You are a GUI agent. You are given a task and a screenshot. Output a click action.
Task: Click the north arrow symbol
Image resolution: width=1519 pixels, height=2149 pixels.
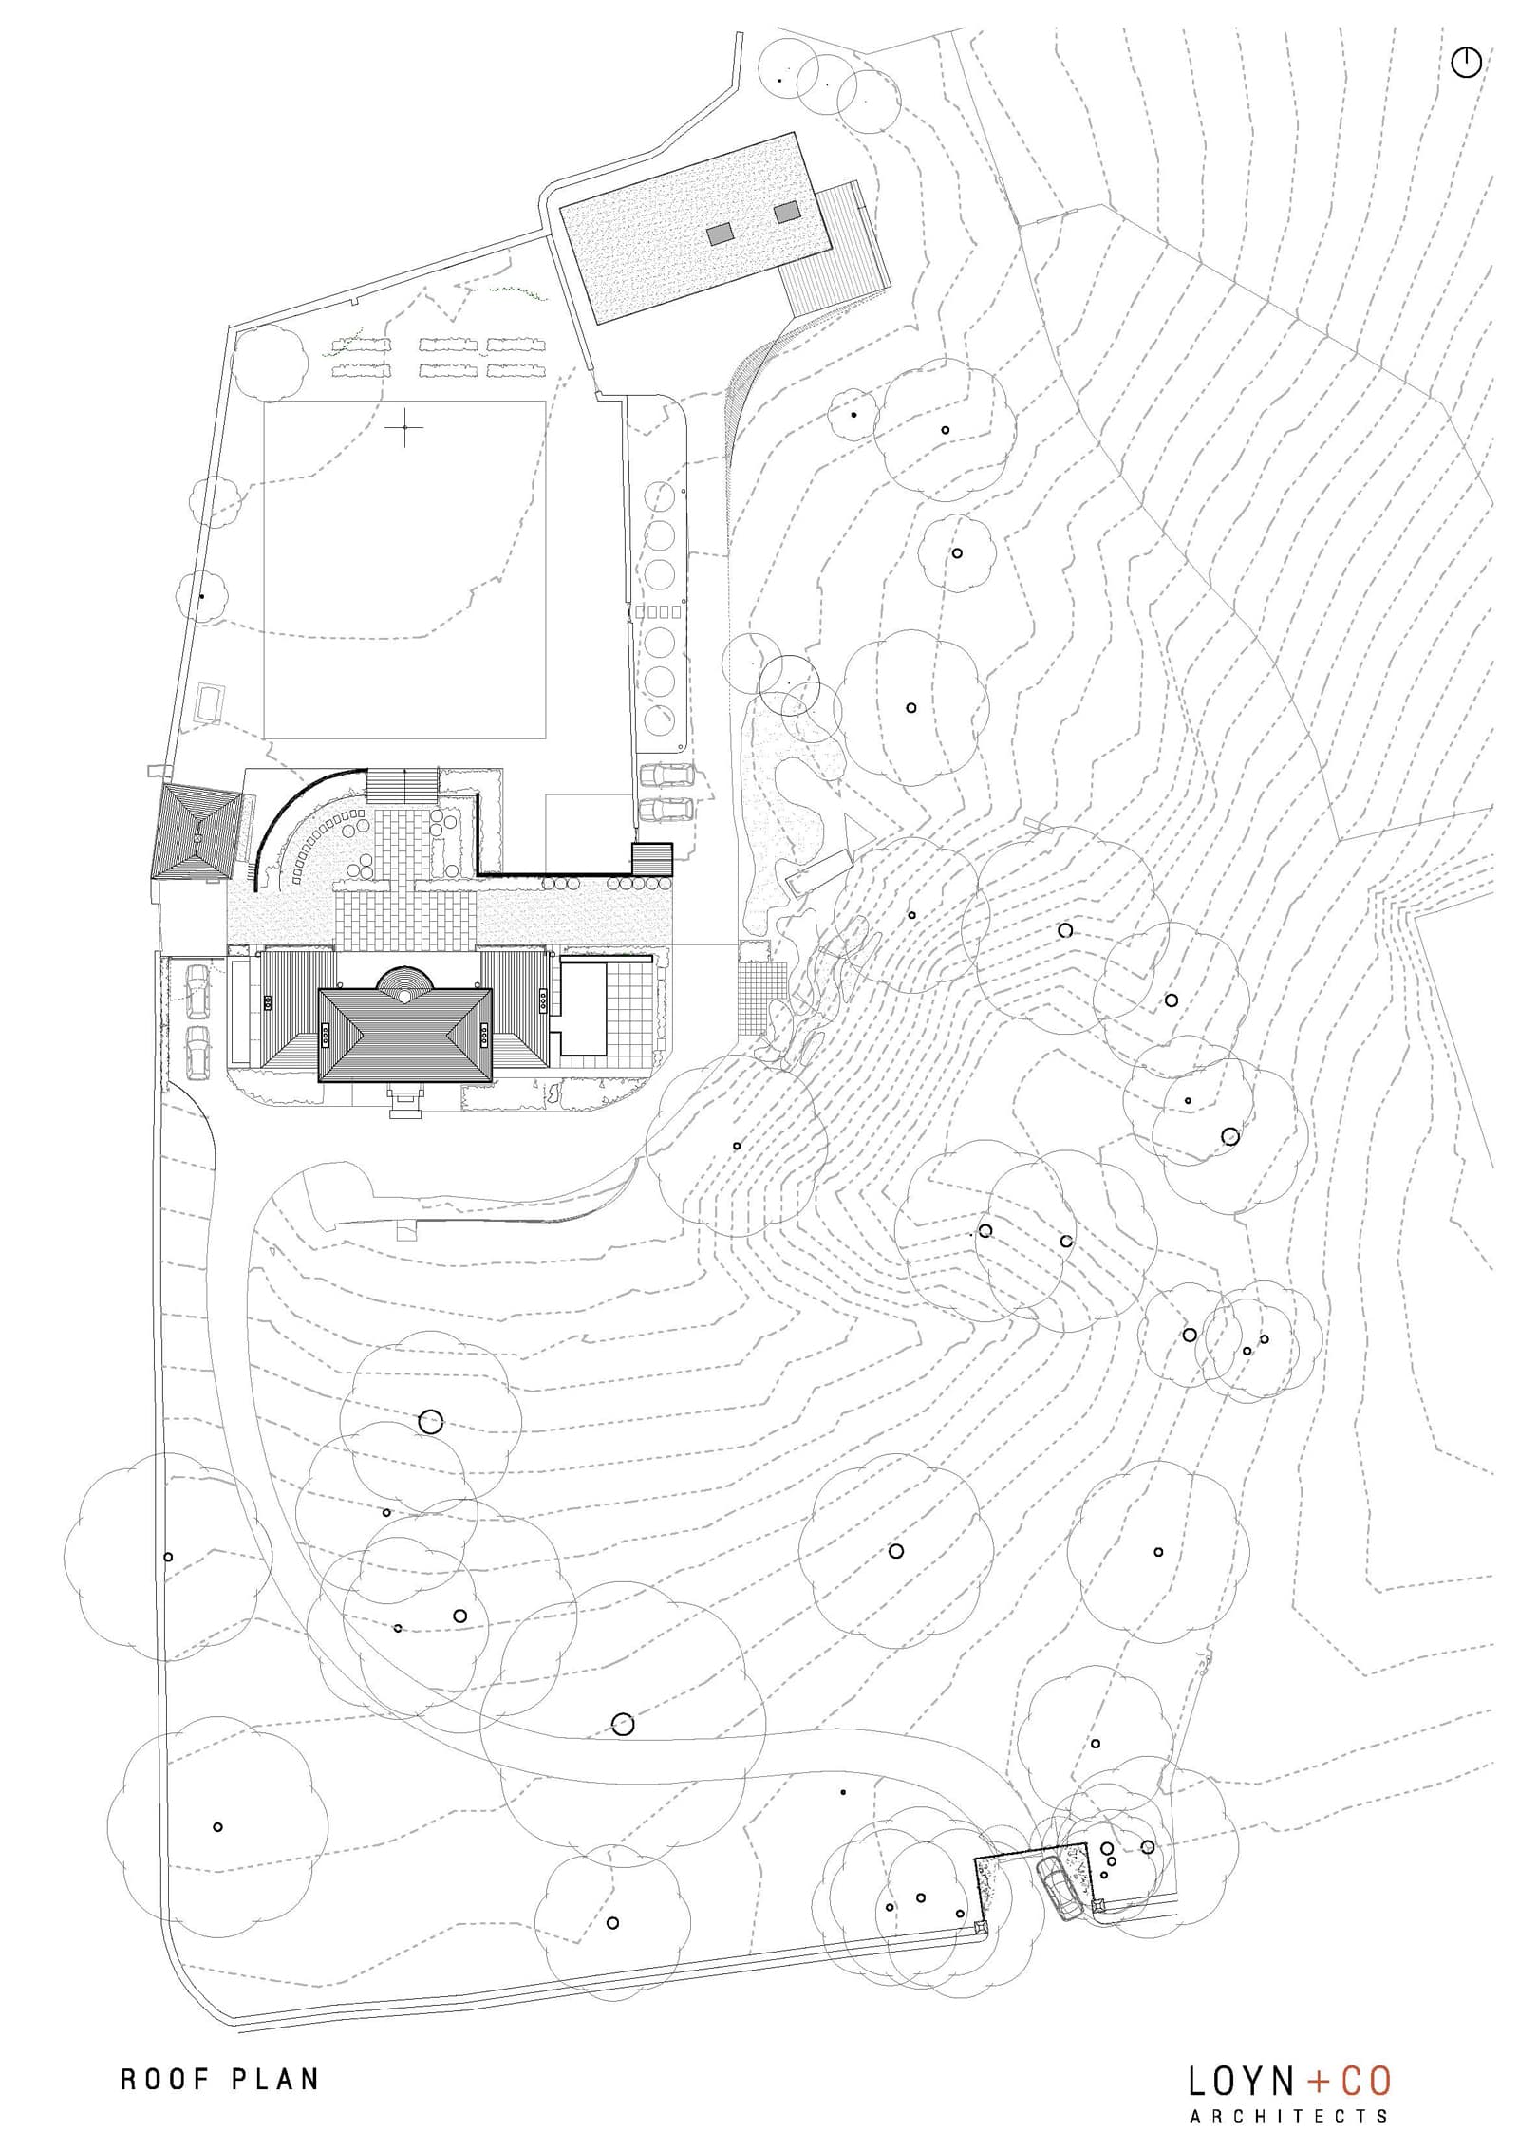[x=1466, y=64]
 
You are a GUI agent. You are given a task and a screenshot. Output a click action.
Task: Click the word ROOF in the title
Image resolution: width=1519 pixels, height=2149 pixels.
[x=163, y=2053]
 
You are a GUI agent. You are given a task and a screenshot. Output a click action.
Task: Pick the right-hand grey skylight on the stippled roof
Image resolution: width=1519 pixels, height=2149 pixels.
[x=788, y=213]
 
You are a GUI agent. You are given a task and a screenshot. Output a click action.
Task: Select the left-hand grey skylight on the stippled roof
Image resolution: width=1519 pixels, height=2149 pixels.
[x=721, y=234]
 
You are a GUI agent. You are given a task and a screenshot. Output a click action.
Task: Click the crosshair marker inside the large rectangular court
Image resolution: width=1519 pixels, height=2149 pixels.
[x=405, y=428]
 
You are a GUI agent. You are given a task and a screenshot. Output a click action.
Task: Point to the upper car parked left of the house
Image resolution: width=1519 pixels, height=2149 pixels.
[x=198, y=989]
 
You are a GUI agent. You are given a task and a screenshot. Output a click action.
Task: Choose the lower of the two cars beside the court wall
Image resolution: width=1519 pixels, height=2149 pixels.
[x=666, y=810]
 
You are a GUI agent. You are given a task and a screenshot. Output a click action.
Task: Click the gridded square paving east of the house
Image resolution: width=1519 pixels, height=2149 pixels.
[x=757, y=1000]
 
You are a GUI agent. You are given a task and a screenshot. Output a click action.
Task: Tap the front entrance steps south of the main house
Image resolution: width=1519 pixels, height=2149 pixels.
[x=405, y=1103]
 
